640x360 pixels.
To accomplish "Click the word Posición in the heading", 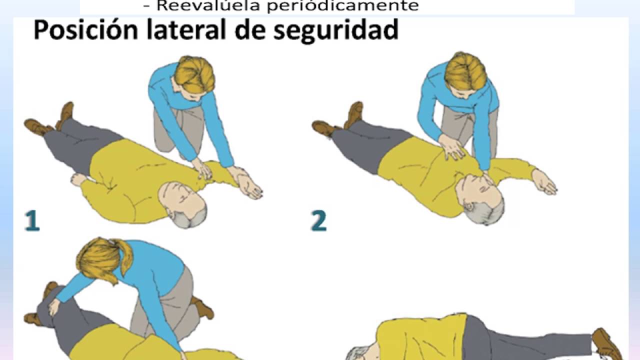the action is tap(85, 29).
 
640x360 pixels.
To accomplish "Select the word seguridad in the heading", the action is tap(335, 31).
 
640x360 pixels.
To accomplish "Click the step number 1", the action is tap(32, 220).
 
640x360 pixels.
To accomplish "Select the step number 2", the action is tap(318, 220).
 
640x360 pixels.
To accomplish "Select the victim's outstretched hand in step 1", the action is tap(249, 187).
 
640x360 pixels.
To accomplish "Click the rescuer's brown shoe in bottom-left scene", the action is tap(202, 307).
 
